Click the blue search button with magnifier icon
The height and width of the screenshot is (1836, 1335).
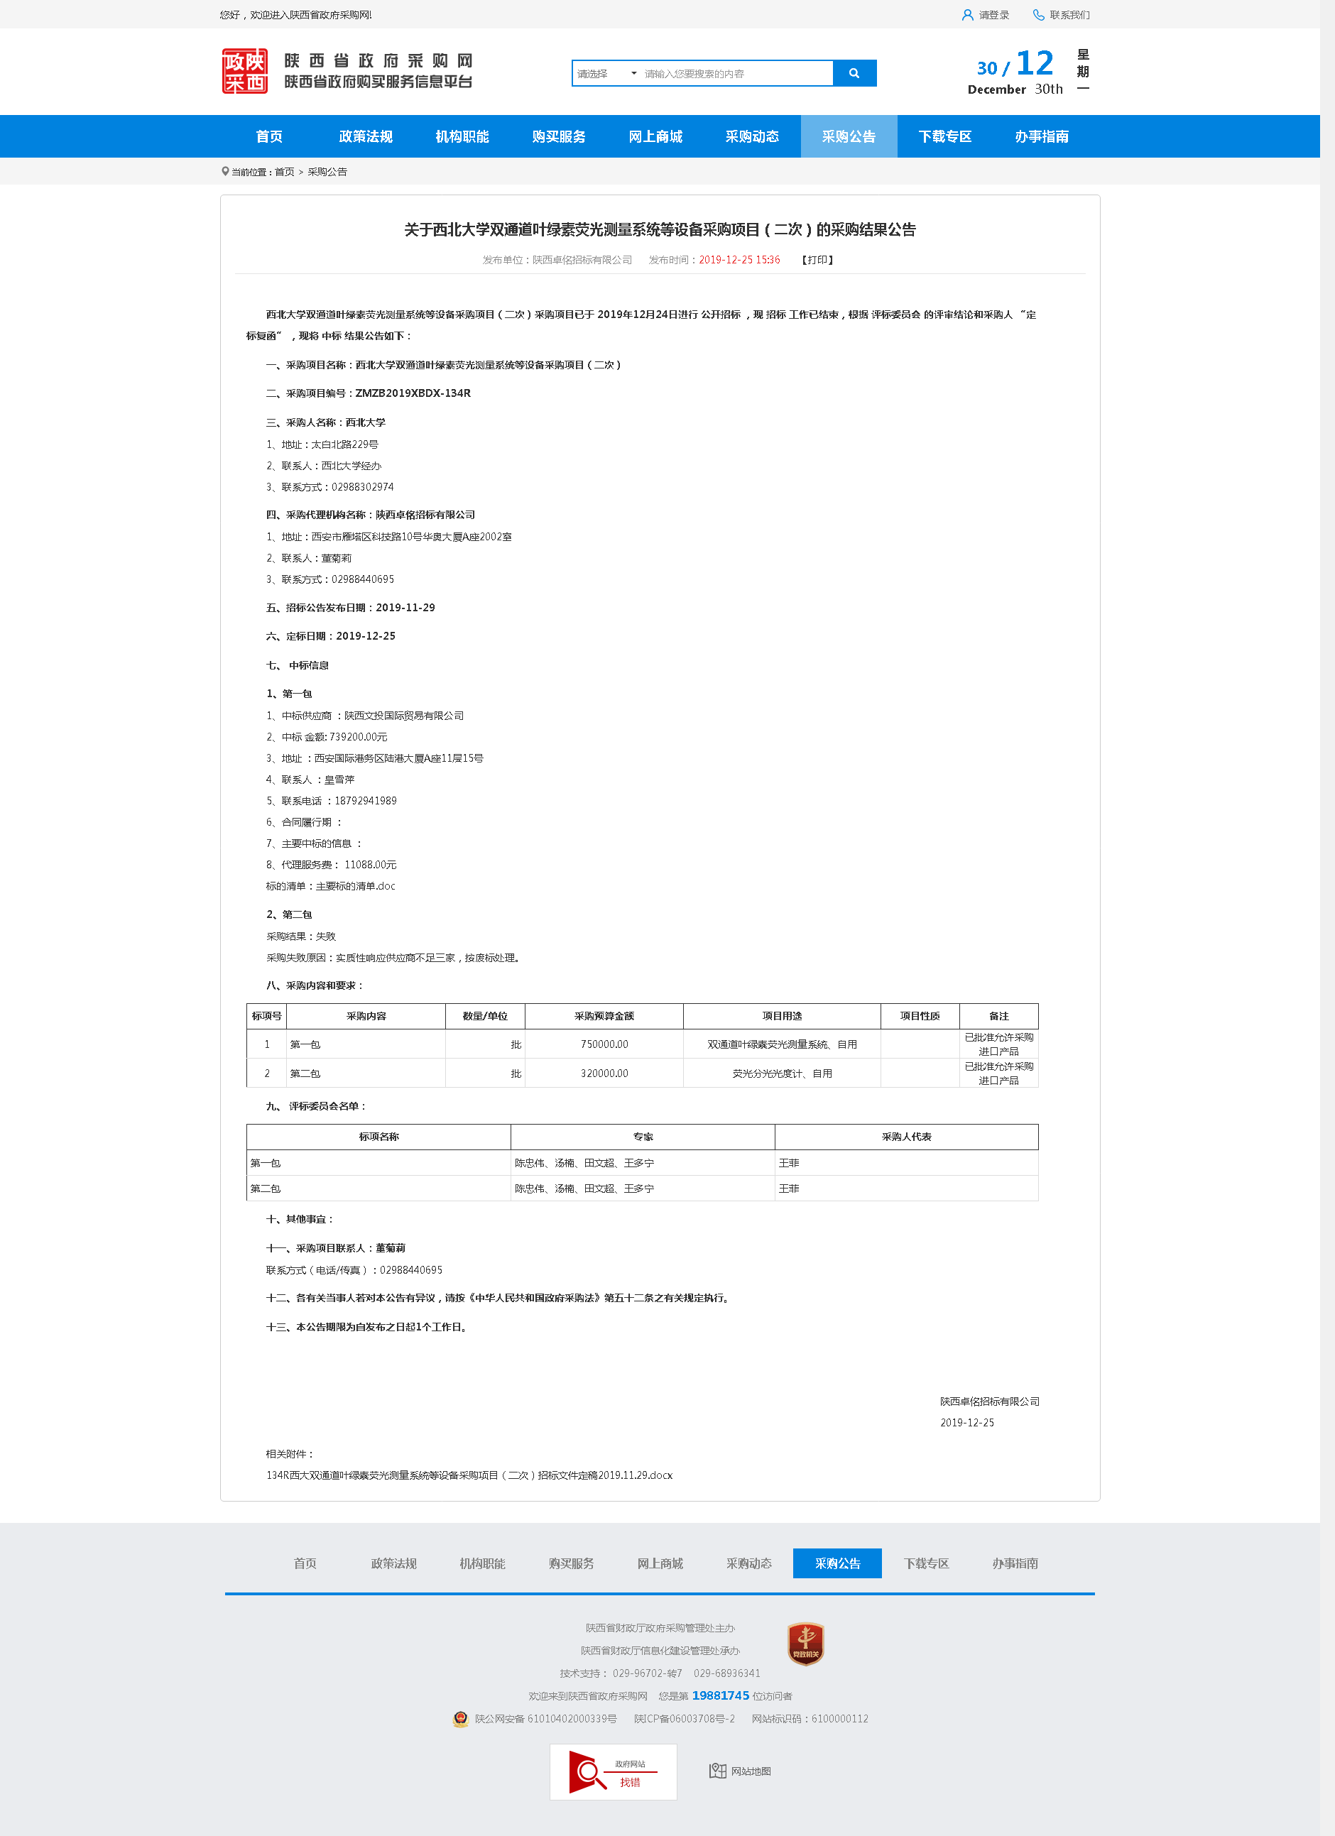854,73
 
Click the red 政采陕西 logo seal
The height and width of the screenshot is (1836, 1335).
244,71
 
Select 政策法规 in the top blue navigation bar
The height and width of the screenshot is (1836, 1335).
365,136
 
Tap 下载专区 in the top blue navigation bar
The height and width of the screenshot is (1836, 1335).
944,136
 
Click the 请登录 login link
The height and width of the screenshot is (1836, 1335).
986,15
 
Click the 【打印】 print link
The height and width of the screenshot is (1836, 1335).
817,260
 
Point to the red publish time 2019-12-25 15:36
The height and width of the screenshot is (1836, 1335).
739,260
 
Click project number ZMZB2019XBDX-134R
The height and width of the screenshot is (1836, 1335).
413,393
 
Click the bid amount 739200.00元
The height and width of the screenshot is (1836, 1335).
358,738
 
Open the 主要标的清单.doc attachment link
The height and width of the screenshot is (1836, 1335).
355,887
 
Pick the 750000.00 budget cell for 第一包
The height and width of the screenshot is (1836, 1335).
604,1044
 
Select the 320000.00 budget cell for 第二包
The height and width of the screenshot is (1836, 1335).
604,1073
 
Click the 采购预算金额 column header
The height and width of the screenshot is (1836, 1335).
604,1016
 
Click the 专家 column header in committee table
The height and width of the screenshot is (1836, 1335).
643,1137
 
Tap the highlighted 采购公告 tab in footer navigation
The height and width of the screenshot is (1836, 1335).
837,1563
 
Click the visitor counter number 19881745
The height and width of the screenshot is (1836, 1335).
721,1696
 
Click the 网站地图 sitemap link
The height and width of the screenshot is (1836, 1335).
741,1771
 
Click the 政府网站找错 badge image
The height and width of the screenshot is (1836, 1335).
613,1771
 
